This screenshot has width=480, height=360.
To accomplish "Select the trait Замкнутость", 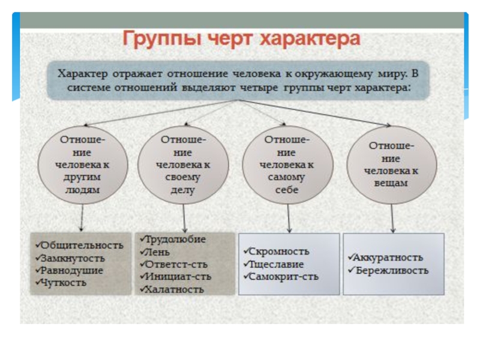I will pos(72,259).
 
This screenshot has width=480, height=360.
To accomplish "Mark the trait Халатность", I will pos(174,289).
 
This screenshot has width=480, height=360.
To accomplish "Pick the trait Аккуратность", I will pos(388,257).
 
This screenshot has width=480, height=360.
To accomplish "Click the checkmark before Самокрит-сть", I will pos(245,277).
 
